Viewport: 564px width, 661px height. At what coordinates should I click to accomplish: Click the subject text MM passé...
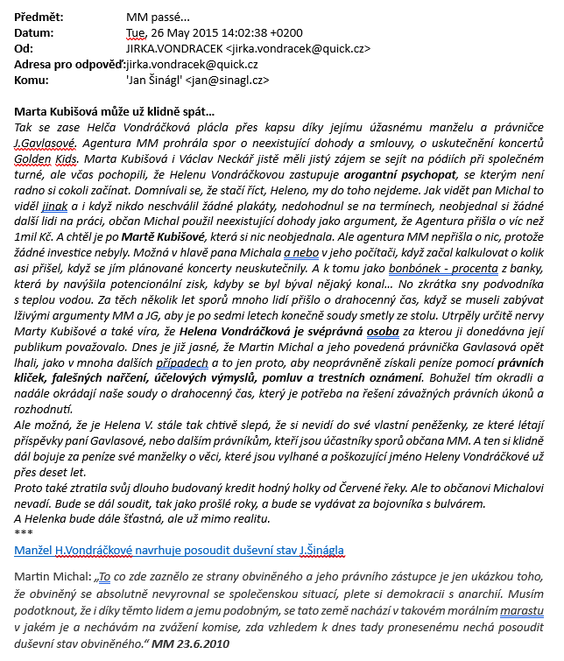click(161, 17)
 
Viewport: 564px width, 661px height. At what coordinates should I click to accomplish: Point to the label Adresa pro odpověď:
click(70, 65)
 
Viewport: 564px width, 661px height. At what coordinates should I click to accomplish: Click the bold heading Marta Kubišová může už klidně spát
click(115, 112)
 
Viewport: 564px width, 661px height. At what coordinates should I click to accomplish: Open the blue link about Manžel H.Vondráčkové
click(180, 550)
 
